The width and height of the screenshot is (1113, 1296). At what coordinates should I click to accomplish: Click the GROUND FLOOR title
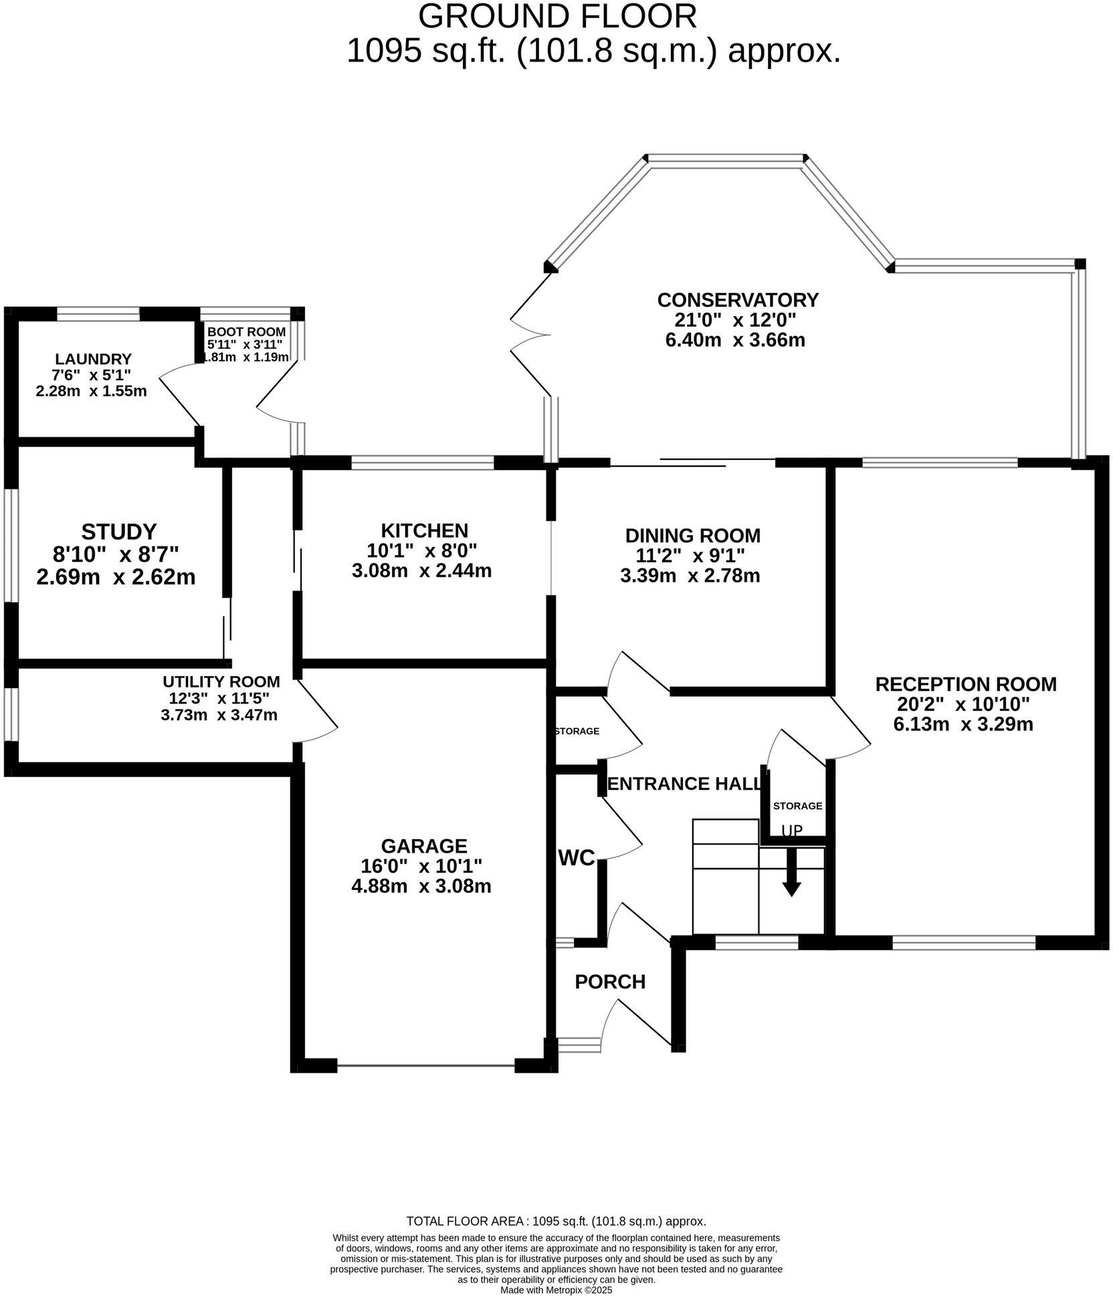tap(557, 16)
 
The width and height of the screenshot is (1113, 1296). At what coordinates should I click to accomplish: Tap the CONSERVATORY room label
tap(737, 299)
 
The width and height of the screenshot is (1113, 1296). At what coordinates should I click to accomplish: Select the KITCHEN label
tap(424, 530)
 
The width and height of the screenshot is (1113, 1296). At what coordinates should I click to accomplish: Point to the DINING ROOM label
tap(692, 536)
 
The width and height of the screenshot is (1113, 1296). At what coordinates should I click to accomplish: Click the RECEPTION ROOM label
tap(965, 684)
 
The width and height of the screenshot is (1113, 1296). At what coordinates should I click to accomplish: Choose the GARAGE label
tap(423, 846)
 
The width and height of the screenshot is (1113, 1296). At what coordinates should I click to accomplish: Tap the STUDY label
tap(118, 532)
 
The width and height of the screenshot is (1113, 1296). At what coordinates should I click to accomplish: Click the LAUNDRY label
tap(93, 359)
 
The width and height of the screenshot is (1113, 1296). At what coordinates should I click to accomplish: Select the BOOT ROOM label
tap(246, 332)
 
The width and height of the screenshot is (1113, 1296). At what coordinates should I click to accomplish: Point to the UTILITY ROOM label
tap(221, 681)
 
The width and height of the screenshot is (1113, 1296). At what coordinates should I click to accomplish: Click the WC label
tap(577, 858)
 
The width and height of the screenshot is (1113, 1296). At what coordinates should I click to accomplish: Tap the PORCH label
tap(610, 982)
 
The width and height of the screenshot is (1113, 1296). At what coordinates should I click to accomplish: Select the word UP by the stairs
tap(792, 831)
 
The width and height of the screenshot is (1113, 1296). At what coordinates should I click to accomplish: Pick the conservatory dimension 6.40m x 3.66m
tap(734, 340)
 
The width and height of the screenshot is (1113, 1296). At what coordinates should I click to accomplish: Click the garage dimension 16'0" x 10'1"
tap(421, 866)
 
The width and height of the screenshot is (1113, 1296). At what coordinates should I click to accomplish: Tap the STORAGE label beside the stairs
tap(797, 806)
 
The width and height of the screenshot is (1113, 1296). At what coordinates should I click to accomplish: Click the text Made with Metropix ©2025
tap(556, 1290)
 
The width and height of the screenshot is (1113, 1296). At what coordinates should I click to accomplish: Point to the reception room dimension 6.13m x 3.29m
tap(963, 724)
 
